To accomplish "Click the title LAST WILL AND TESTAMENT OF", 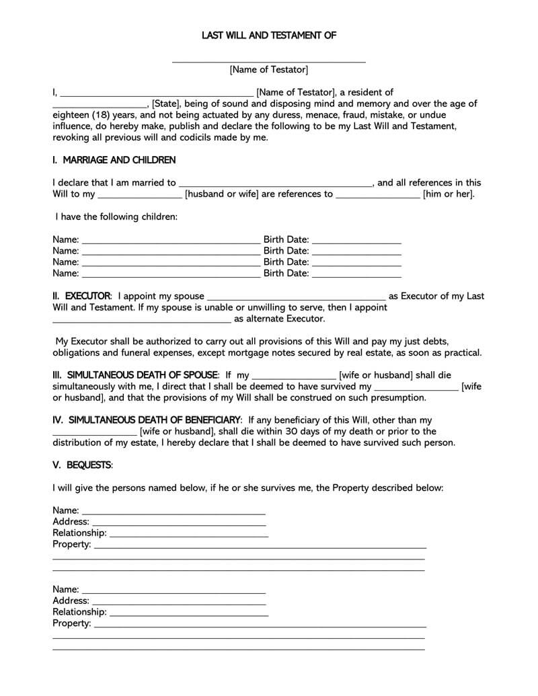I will click(269, 35).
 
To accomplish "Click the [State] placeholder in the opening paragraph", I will click(165, 104).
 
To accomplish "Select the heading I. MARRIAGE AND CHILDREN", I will click(114, 160).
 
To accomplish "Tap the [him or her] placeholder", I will click(449, 194).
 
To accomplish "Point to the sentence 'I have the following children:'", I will click(116, 217).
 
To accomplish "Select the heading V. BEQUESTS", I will click(83, 465).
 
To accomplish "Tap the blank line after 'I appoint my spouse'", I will click(296, 297).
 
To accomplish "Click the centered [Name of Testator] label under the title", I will click(269, 69).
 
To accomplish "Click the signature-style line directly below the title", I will click(269, 61).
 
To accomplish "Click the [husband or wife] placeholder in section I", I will click(222, 194).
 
